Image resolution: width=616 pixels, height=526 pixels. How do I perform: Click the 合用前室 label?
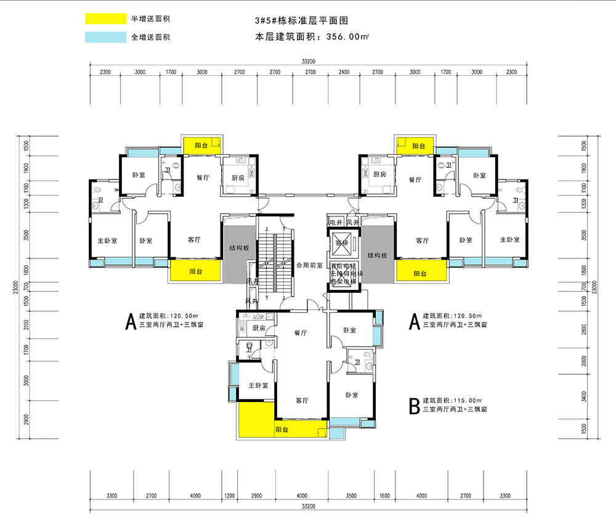coord(309,265)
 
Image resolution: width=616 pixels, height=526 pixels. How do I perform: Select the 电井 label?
coord(336,223)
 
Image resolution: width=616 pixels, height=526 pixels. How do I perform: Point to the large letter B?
coord(415,406)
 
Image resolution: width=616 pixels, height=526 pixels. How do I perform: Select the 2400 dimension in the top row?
coord(344,72)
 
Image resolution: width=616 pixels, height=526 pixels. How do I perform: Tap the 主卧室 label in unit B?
coord(257,385)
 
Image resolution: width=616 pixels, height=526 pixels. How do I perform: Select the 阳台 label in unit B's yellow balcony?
coord(282,429)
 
